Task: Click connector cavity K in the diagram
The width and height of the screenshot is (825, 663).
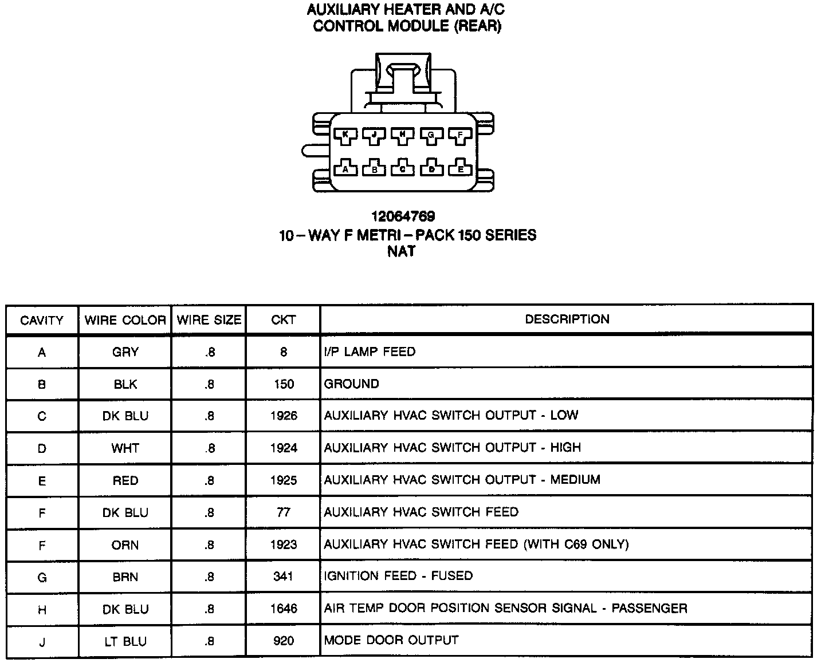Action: click(345, 135)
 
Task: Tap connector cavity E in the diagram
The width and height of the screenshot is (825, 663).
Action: click(460, 169)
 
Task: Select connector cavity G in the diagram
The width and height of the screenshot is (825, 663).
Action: click(431, 135)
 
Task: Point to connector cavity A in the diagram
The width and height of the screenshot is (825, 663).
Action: click(345, 169)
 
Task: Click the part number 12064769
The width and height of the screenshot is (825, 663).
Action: click(403, 216)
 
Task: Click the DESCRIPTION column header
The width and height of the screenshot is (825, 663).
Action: click(567, 319)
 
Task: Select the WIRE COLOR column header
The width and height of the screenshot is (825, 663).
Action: click(125, 320)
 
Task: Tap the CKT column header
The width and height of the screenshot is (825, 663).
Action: click(283, 320)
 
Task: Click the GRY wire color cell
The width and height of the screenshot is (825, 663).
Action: click(125, 352)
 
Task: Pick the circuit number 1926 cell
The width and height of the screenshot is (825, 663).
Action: click(284, 416)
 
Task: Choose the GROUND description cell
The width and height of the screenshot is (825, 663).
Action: click(352, 384)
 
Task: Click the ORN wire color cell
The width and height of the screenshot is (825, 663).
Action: click(125, 544)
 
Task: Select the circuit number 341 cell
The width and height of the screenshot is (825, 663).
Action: click(284, 577)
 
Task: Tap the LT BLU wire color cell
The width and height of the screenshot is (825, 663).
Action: click(125, 641)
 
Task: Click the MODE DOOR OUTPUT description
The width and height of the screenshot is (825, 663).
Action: click(391, 640)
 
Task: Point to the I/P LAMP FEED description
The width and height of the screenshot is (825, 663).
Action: click(370, 352)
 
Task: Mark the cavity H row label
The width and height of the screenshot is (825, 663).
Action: click(42, 609)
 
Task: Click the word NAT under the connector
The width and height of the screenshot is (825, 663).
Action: click(402, 251)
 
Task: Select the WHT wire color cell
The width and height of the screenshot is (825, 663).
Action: click(125, 448)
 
